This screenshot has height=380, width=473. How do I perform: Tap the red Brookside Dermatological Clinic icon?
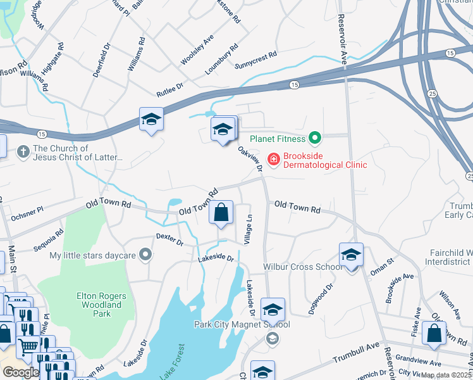tap(274, 159)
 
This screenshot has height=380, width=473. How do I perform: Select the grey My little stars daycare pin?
tap(146, 255)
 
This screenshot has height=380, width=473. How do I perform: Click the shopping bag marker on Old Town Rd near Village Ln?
tap(221, 213)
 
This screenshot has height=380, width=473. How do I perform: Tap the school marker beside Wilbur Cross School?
tap(351, 255)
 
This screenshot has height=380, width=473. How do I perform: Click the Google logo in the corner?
tap(20, 372)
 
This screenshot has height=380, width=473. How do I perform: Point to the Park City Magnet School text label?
tap(242, 325)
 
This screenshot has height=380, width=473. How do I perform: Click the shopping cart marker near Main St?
tap(28, 346)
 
